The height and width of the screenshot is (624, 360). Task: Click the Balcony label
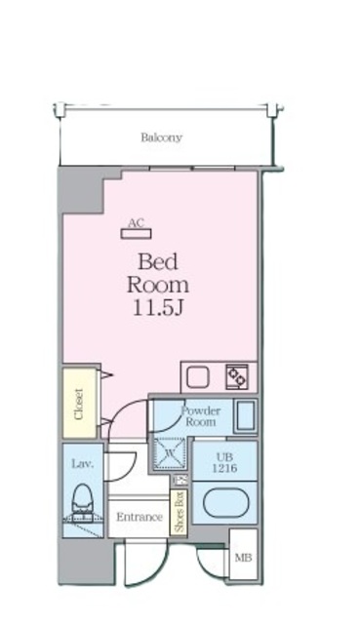[161, 137]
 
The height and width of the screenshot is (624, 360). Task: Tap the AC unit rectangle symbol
[136, 234]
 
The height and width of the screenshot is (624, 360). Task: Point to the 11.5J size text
[158, 308]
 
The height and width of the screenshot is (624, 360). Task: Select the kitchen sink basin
[198, 377]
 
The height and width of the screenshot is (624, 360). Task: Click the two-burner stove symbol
[237, 376]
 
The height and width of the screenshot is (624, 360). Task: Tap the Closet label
[79, 404]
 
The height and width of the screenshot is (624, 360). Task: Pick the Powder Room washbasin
[245, 416]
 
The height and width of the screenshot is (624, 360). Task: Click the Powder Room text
[201, 416]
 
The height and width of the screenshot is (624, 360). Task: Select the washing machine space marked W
[170, 452]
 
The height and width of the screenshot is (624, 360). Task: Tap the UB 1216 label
[224, 463]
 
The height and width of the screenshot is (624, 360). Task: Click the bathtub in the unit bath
[223, 503]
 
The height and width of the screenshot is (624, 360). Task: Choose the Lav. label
[82, 464]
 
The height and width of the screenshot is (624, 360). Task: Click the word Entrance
[140, 517]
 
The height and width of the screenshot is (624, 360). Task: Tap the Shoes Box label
[180, 512]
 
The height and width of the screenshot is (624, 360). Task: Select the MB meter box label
[243, 558]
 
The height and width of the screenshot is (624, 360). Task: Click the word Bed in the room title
[158, 262]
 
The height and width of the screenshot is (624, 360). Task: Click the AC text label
[136, 223]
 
